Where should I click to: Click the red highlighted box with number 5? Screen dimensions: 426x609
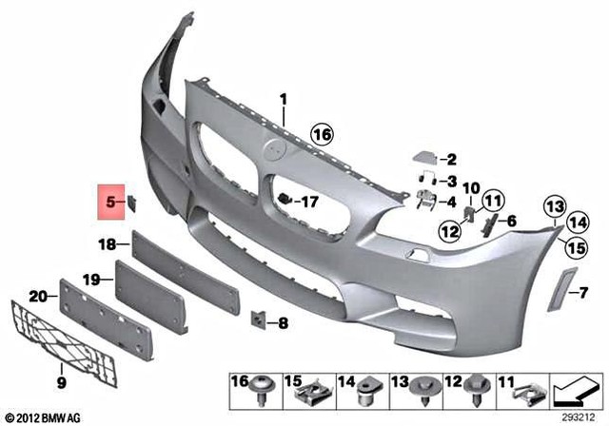tap(112, 202)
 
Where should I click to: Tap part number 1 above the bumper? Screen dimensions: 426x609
tap(283, 99)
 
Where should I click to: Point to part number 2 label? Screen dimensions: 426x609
tap(451, 160)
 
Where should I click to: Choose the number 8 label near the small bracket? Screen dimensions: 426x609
tap(282, 324)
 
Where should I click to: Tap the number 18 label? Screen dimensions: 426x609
tap(107, 245)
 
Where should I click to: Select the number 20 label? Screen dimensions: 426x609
tap(37, 296)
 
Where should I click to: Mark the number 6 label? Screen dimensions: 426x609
tap(511, 222)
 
